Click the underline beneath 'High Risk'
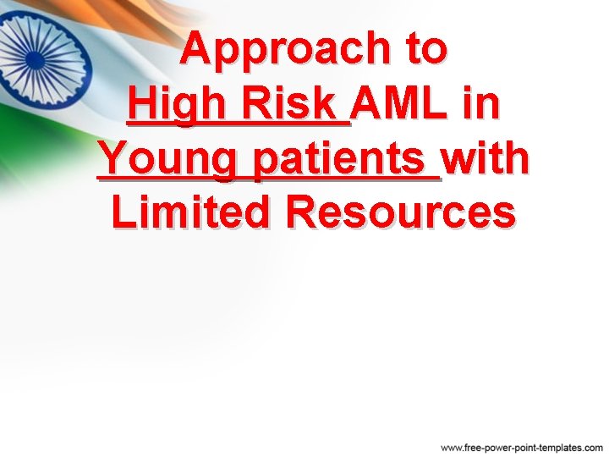coord(237,124)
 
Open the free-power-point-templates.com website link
coord(522,446)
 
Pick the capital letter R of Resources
coord(304,212)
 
